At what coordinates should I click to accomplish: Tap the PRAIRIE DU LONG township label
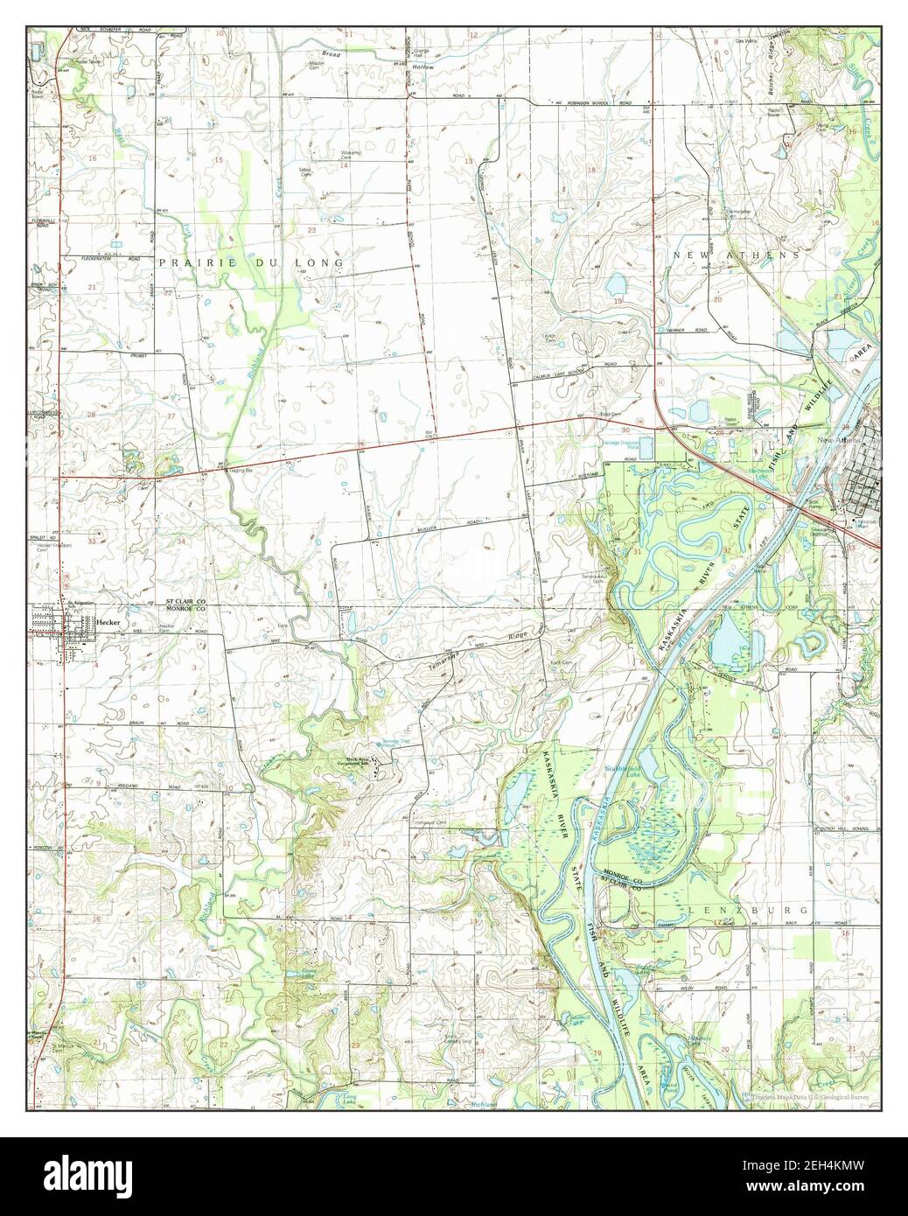[x=252, y=262]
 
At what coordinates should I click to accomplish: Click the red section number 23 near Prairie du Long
[x=311, y=230]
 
